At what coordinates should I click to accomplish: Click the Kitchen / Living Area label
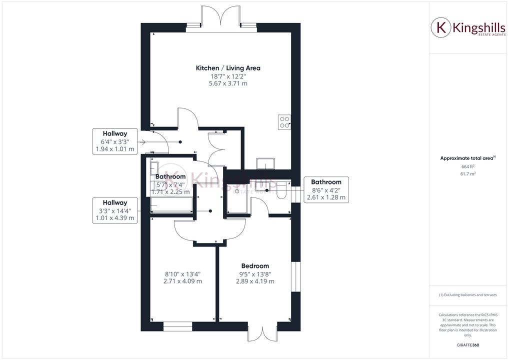(x=228, y=68)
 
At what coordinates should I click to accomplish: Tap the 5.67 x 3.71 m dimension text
(x=228, y=83)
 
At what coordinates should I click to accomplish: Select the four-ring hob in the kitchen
(x=284, y=122)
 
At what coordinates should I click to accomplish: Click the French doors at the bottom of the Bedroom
(x=262, y=334)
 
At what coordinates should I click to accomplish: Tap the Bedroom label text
(x=255, y=266)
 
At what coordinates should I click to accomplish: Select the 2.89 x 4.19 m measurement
(x=255, y=281)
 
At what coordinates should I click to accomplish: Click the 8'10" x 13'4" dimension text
(x=182, y=274)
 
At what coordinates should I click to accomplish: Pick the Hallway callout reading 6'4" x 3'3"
(x=115, y=141)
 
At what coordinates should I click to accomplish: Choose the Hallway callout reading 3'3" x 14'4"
(x=115, y=210)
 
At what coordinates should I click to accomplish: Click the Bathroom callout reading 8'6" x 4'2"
(x=326, y=190)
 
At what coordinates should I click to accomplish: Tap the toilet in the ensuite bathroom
(x=281, y=190)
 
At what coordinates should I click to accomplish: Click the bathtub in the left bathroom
(x=172, y=205)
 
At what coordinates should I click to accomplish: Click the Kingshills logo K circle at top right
(x=441, y=28)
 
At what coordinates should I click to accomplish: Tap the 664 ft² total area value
(x=467, y=166)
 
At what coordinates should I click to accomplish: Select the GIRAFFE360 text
(x=467, y=345)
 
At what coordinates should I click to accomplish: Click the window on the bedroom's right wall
(x=295, y=275)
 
